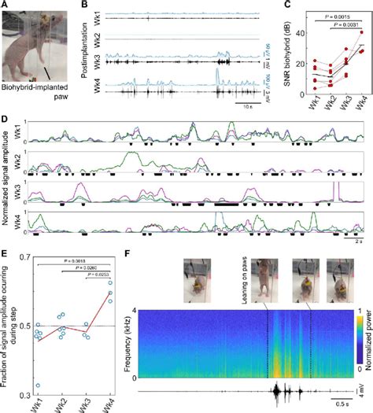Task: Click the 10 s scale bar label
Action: coord(249,105)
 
